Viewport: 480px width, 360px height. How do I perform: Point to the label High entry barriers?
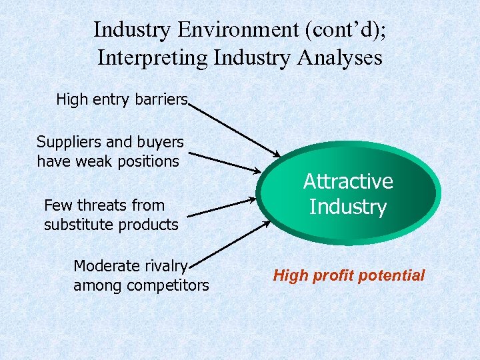pyautogui.click(x=122, y=99)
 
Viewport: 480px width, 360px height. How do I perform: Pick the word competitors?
pyautogui.click(x=169, y=285)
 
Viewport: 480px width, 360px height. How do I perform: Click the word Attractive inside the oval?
pyautogui.click(x=348, y=181)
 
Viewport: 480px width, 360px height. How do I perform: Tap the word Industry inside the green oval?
pyautogui.click(x=348, y=207)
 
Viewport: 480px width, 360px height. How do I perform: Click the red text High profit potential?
pyautogui.click(x=349, y=275)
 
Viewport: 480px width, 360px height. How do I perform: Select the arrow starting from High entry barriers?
pyautogui.click(x=235, y=129)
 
